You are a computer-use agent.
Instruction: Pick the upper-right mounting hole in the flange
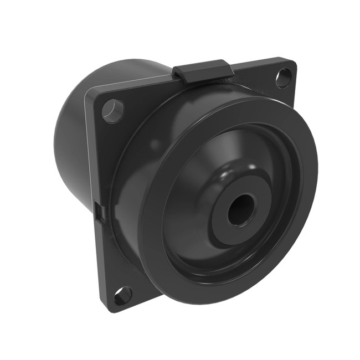283,78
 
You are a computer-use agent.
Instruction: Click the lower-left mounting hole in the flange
123,296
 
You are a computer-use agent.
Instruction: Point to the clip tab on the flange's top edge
202,71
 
